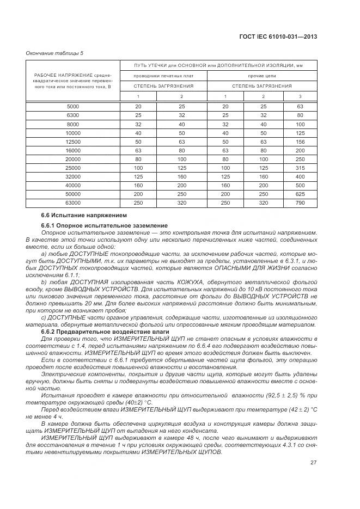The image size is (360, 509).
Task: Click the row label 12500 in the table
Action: click(x=72, y=141)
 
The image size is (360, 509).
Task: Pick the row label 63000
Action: click(x=72, y=203)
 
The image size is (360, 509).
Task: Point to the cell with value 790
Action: click(x=299, y=203)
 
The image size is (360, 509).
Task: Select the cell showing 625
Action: click(x=299, y=194)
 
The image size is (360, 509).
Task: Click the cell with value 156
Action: click(x=299, y=141)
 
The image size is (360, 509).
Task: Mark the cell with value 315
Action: click(x=299, y=167)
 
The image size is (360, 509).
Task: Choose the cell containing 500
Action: click(x=299, y=185)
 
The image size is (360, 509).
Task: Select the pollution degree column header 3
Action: click(x=299, y=96)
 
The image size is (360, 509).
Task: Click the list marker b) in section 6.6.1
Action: click(x=44, y=281)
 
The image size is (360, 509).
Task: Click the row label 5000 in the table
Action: click(x=72, y=106)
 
